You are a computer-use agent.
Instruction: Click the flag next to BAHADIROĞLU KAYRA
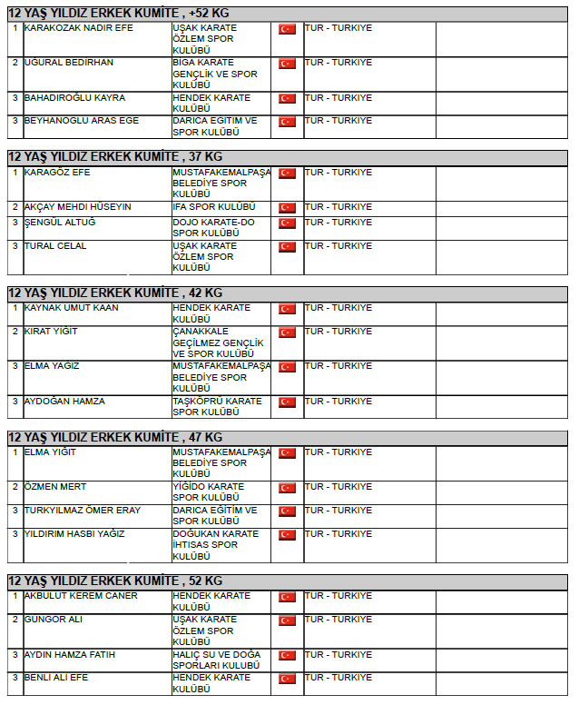(x=287, y=98)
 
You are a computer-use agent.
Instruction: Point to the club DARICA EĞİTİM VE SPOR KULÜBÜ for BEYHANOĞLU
(x=215, y=126)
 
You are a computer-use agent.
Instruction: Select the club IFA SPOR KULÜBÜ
(x=214, y=207)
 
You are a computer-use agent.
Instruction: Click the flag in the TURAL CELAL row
(x=287, y=246)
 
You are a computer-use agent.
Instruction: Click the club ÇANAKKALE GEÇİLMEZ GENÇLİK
(x=218, y=343)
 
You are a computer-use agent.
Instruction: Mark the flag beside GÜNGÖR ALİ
(x=287, y=621)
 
